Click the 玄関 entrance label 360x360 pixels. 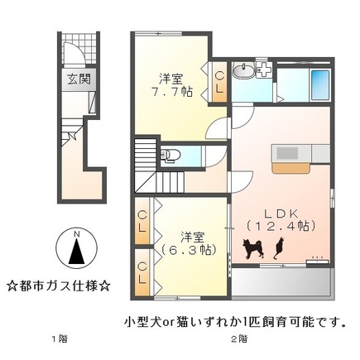[79, 80]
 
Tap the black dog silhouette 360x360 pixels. [253, 247]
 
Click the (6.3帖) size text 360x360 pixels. [186, 248]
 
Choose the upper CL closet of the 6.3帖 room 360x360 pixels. [143, 223]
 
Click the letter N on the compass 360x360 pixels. [74, 234]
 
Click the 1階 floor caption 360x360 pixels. [57, 338]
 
